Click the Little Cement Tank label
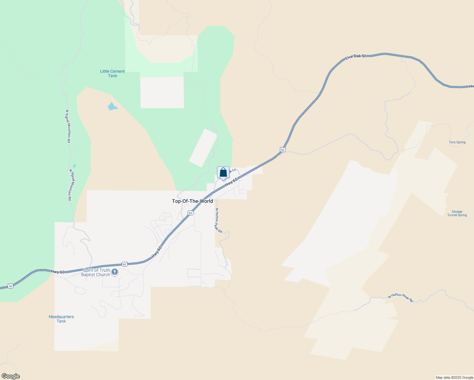[112, 73]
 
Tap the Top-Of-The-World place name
[192, 201]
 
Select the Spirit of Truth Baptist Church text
[96, 272]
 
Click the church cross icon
[115, 272]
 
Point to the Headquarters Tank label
[61, 319]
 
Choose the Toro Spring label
[457, 142]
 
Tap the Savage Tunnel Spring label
[457, 213]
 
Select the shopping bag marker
[223, 173]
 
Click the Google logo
[11, 376]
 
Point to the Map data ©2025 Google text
[454, 377]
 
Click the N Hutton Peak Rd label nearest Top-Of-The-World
[218, 220]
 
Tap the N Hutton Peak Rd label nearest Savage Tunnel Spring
[400, 297]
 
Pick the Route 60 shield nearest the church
[125, 264]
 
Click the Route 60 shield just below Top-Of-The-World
[190, 213]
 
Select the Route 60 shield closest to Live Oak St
[283, 149]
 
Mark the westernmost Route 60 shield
[11, 286]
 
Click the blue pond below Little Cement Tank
[112, 107]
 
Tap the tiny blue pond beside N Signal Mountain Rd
[74, 166]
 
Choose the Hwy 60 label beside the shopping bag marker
[231, 182]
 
